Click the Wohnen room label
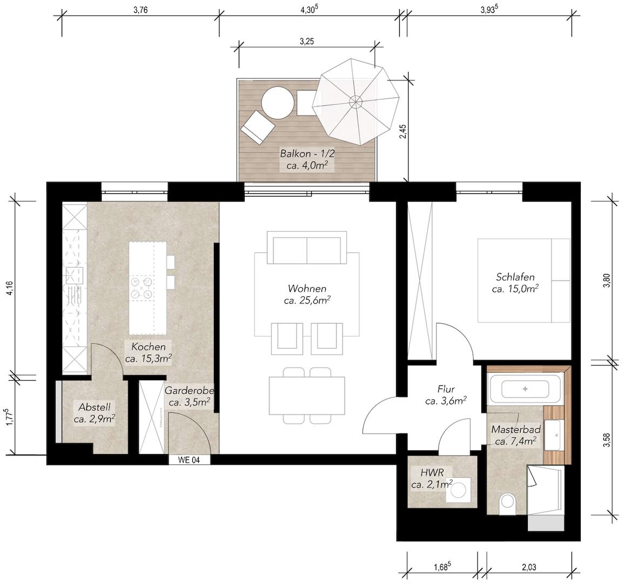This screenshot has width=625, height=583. click(x=307, y=288)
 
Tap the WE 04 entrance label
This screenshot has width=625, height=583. click(x=189, y=460)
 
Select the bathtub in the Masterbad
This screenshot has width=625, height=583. click(x=525, y=389)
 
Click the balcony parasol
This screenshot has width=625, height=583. click(x=355, y=102)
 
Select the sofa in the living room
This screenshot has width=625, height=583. click(x=307, y=247)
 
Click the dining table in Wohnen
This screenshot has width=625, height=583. click(x=307, y=396)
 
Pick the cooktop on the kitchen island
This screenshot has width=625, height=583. click(x=142, y=288)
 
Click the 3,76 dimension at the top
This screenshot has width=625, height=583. click(x=140, y=10)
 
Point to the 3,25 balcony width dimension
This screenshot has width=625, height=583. click(x=306, y=41)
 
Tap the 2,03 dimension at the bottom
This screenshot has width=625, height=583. click(x=528, y=567)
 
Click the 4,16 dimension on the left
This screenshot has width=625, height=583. click(x=10, y=289)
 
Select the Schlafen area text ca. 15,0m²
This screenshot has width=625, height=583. click(x=515, y=288)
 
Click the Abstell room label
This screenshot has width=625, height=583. click(x=95, y=407)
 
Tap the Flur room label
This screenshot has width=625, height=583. click(x=446, y=389)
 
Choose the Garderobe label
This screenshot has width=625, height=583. click(x=189, y=390)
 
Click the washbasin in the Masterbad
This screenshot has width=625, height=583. click(x=554, y=434)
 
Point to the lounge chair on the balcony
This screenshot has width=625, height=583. click(x=258, y=127)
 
